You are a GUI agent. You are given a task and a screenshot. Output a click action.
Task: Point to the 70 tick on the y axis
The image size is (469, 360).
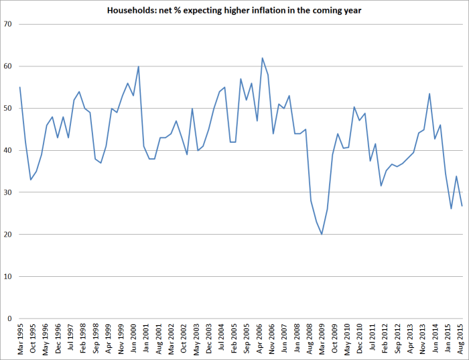click(x=8, y=24)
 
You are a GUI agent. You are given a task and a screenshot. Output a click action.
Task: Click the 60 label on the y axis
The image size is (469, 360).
click(x=8, y=66)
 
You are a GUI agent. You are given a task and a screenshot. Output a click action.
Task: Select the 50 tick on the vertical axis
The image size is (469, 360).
click(x=8, y=108)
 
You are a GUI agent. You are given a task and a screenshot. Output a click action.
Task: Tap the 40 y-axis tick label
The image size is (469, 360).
click(x=8, y=150)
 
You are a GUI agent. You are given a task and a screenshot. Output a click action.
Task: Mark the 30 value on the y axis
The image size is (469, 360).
click(x=8, y=192)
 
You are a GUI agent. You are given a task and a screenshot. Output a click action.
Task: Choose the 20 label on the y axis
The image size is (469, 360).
click(x=8, y=234)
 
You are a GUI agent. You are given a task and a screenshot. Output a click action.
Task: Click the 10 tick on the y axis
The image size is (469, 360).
click(x=8, y=276)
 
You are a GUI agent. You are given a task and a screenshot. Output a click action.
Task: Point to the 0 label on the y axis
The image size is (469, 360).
click(x=10, y=318)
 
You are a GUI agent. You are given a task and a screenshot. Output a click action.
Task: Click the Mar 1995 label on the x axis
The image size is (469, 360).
click(x=20, y=339)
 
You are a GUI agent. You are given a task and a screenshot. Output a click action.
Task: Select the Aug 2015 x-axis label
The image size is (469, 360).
click(x=461, y=339)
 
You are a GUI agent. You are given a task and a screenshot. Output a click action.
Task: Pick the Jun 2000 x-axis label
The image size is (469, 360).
click(x=133, y=339)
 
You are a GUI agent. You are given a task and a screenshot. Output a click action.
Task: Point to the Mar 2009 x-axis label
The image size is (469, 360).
click(x=322, y=339)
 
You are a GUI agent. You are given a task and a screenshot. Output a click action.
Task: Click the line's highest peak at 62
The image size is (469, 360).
click(x=262, y=58)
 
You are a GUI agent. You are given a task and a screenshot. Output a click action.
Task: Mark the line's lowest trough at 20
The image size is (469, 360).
click(x=322, y=234)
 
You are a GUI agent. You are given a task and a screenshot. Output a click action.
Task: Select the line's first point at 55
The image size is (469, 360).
click(x=20, y=87)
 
